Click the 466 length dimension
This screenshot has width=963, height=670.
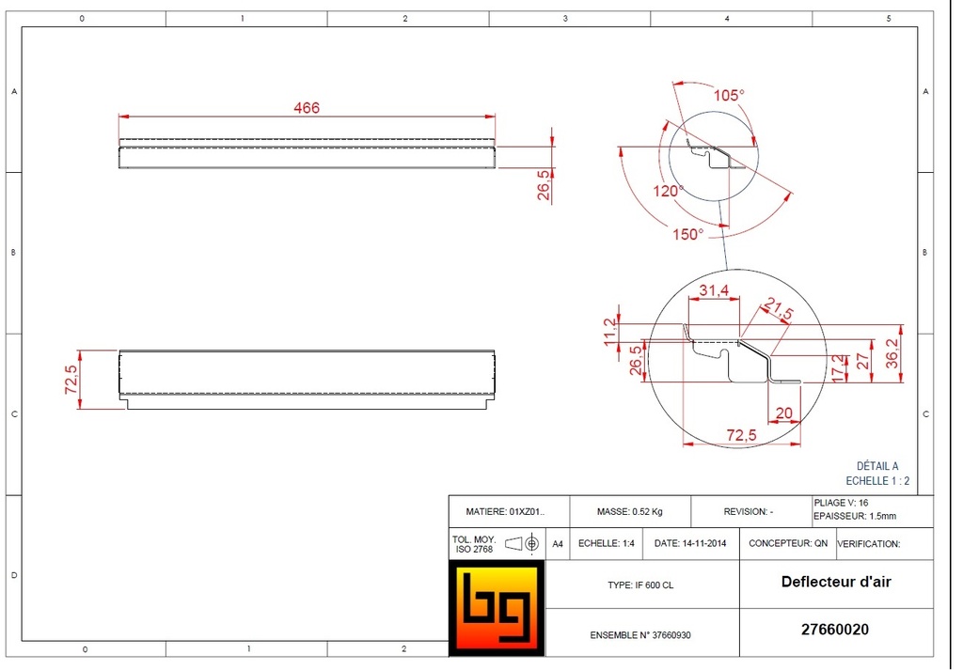pos(307,108)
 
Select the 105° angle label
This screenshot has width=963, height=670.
pos(728,95)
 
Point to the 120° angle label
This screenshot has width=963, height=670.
pos(670,192)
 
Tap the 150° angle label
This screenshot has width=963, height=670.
pos(687,234)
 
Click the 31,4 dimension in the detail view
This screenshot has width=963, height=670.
pos(715,291)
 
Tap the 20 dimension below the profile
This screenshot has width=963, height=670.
pos(782,413)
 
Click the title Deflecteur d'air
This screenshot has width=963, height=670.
pos(835,582)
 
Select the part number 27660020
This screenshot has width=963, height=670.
pos(835,631)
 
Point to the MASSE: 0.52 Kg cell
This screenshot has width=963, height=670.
pos(629,512)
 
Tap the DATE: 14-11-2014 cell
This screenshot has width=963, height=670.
pos(691,543)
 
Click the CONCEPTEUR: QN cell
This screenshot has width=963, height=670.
pos(788,543)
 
